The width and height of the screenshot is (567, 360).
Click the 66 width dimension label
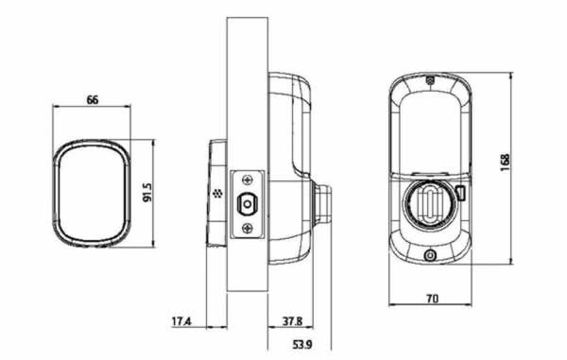(93, 100)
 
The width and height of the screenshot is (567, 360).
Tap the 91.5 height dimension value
(148, 193)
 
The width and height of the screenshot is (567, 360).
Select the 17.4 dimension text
(181, 321)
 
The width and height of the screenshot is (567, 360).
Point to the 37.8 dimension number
(292, 321)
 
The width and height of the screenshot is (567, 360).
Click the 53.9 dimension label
(302, 345)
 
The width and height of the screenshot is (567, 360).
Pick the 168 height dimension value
(505, 163)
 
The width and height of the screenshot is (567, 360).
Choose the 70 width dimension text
(433, 299)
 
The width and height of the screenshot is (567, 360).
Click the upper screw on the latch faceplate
(248, 180)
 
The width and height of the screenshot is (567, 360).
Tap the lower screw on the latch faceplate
(248, 228)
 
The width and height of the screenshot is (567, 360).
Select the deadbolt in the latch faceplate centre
(248, 204)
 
